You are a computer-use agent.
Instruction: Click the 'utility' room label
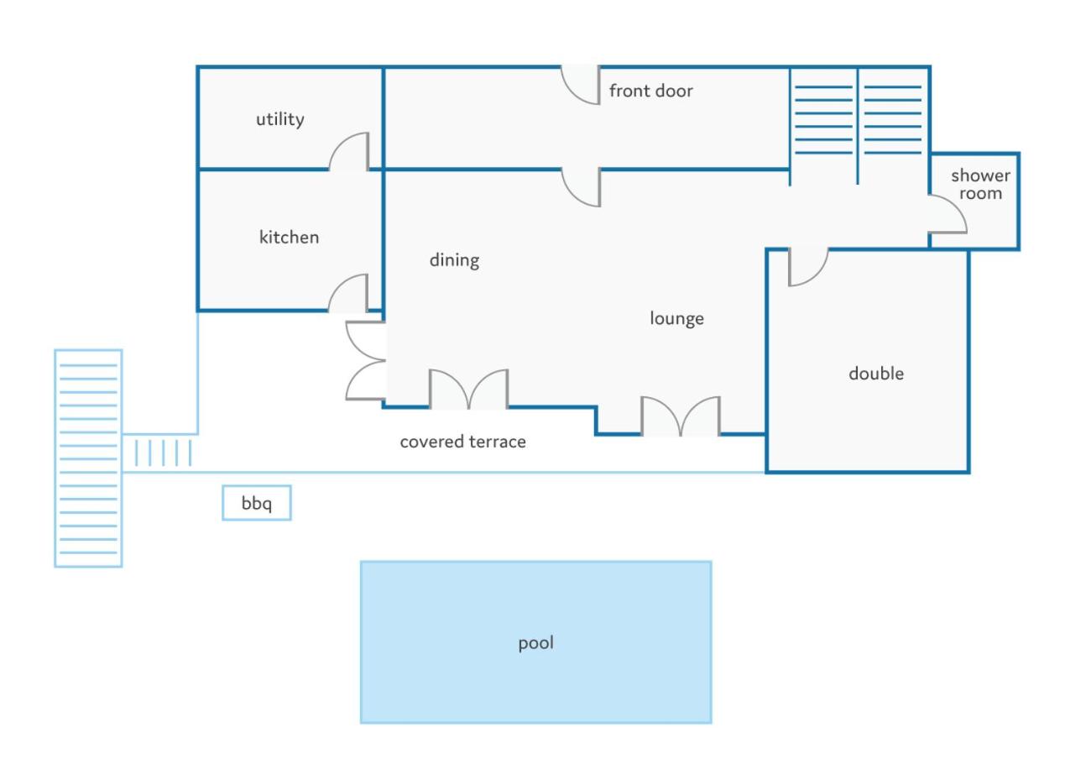tap(280, 119)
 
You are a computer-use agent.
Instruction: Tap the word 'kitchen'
tap(289, 237)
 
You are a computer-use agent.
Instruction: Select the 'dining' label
tap(455, 260)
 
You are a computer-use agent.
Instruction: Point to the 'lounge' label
tap(677, 319)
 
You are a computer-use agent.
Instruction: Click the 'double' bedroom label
tap(876, 374)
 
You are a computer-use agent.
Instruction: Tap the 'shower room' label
tap(981, 185)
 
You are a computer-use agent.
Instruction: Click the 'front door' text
tap(651, 91)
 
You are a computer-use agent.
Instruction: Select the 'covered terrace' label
tap(463, 442)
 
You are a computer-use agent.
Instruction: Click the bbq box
tap(257, 503)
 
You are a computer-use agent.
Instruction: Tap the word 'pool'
tap(535, 643)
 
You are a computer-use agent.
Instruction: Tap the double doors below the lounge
tap(681, 416)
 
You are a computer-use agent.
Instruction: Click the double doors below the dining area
tap(469, 389)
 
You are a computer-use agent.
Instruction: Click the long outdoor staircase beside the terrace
tap(88, 459)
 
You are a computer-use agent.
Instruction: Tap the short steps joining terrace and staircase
tap(163, 453)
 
